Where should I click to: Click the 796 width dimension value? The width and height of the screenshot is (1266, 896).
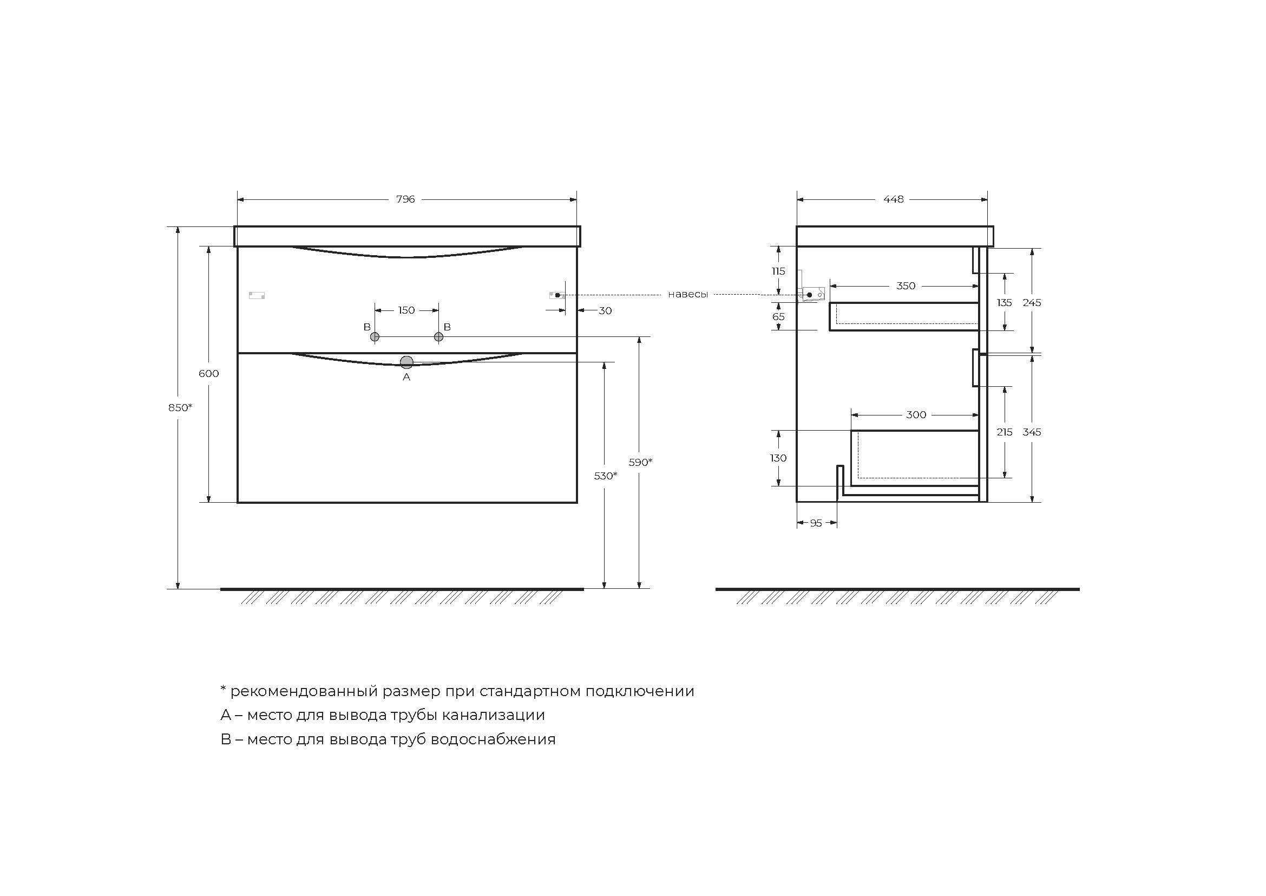click(405, 199)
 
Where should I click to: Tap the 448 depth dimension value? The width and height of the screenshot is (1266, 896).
click(893, 199)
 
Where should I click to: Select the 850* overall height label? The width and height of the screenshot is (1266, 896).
click(180, 407)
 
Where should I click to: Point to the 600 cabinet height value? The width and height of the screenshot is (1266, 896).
click(208, 374)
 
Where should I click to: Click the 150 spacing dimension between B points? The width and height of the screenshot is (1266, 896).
click(406, 310)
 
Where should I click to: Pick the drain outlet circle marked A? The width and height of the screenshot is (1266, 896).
click(407, 362)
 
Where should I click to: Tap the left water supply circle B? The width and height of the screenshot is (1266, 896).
click(375, 336)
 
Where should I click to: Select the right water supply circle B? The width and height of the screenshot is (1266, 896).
click(439, 336)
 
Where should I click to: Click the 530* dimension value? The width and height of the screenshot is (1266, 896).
click(606, 476)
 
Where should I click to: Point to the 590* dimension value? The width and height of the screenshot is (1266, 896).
click(640, 462)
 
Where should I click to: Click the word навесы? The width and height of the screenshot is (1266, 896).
click(687, 295)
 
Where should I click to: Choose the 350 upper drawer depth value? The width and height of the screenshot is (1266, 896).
click(906, 286)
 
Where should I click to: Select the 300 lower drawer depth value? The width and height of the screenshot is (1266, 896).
click(916, 415)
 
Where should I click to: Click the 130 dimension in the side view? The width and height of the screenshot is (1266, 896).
click(778, 458)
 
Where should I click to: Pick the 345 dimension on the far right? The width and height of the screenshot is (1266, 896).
click(1032, 432)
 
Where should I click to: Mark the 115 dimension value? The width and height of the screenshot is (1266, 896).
click(778, 271)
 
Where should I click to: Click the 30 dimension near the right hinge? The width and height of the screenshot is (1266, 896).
click(605, 311)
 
